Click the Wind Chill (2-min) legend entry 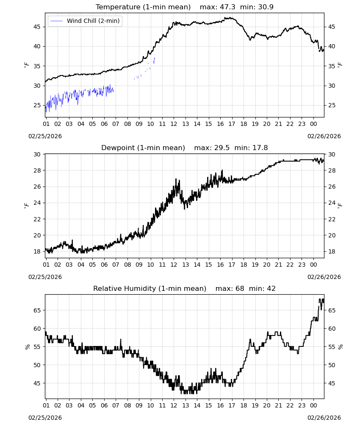[85, 21]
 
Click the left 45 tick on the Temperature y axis [37, 27]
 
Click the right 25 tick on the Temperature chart [332, 106]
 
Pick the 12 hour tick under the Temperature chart [174, 124]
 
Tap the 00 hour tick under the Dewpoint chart [313, 265]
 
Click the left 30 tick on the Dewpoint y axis [37, 154]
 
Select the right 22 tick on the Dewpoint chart [332, 219]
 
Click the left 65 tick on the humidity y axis [37, 310]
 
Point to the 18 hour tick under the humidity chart [244, 405]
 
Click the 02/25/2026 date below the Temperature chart [45, 136]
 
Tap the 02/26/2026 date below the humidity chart [324, 418]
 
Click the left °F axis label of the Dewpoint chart [26, 206]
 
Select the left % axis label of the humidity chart [27, 347]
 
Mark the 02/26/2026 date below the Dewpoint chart [324, 277]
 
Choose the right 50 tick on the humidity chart [332, 365]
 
